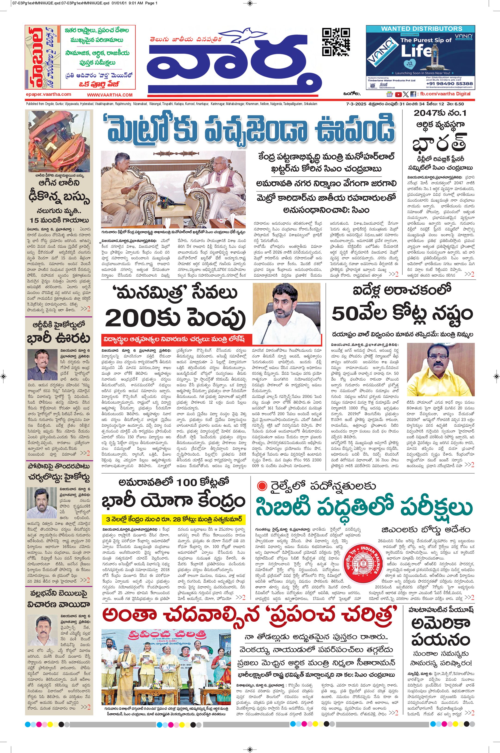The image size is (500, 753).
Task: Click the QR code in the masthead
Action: [336, 42]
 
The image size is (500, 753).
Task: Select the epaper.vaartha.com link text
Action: [49, 94]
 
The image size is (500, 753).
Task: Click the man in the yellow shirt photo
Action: [440, 369]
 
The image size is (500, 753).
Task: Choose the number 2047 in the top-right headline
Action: [427, 113]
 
